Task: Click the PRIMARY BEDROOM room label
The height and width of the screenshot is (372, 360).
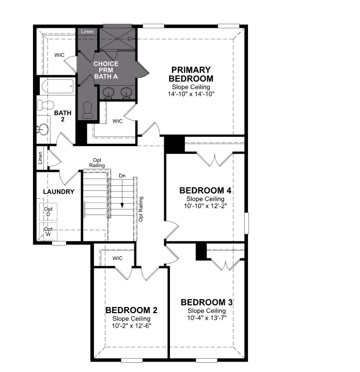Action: (191, 74)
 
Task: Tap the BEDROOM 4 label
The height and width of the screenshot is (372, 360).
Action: (205, 190)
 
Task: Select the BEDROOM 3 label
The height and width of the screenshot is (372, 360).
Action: (207, 302)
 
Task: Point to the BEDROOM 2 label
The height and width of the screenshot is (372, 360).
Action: (131, 310)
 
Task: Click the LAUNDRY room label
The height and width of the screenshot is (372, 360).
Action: (59, 192)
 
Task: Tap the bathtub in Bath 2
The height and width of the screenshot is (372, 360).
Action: (58, 87)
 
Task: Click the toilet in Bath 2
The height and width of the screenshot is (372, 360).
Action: (45, 105)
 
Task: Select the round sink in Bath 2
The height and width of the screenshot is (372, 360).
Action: (43, 130)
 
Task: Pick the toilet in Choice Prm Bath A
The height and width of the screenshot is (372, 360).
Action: (87, 110)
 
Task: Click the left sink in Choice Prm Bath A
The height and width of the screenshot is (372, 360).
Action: (108, 92)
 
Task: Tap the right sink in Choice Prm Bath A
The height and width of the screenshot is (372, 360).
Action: (126, 92)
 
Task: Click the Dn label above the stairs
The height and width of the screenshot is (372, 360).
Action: (122, 176)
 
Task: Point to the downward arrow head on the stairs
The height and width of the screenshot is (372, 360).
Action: (122, 205)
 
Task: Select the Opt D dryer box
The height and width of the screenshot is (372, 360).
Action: (48, 212)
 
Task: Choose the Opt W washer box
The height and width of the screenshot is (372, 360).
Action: (48, 231)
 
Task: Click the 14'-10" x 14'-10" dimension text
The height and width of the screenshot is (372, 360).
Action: (191, 94)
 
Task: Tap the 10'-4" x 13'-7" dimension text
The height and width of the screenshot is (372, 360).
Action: (207, 318)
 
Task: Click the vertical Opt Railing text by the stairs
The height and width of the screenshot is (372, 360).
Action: (141, 209)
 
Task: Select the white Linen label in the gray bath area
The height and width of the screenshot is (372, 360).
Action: (87, 31)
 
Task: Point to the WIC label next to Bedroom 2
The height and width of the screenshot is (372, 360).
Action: (118, 258)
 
